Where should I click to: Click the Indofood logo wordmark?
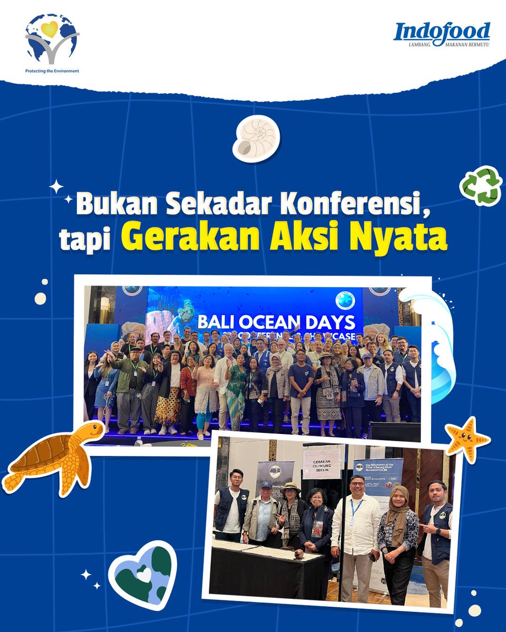(442, 32)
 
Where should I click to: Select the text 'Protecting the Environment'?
(52, 71)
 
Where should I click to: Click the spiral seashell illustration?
(257, 139)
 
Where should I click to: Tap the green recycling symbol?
(480, 185)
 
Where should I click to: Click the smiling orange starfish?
(467, 437)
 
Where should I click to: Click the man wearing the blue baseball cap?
(262, 513)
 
